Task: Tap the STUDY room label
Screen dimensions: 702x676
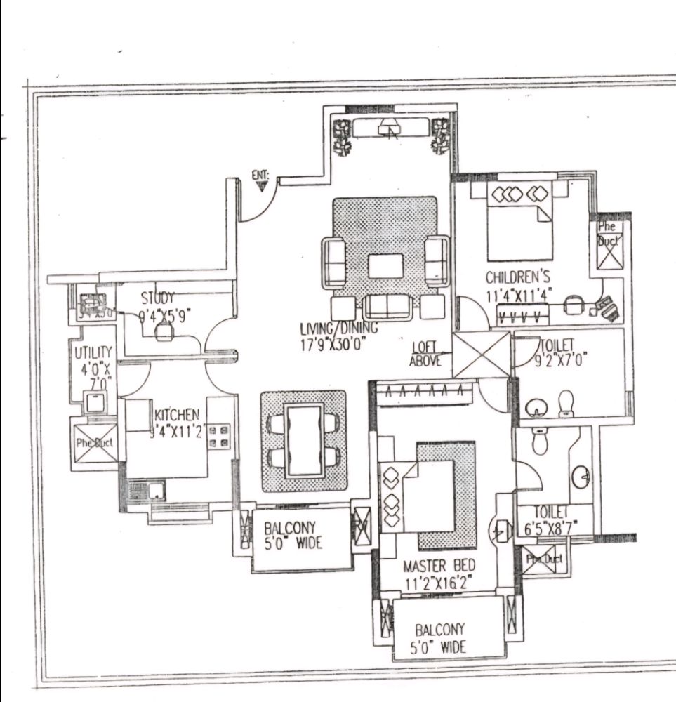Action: (157, 298)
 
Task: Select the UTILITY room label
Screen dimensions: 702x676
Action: (93, 353)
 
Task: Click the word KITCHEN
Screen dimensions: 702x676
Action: (176, 416)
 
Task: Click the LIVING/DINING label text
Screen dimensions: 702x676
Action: (338, 328)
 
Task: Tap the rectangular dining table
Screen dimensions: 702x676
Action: (304, 440)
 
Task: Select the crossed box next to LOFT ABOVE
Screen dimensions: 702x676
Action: (482, 355)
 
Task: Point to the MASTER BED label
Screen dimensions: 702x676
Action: (439, 565)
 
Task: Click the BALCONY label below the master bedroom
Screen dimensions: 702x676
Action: (439, 630)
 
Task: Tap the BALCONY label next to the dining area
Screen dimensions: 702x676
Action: (290, 527)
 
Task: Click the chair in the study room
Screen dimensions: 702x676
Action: (164, 333)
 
